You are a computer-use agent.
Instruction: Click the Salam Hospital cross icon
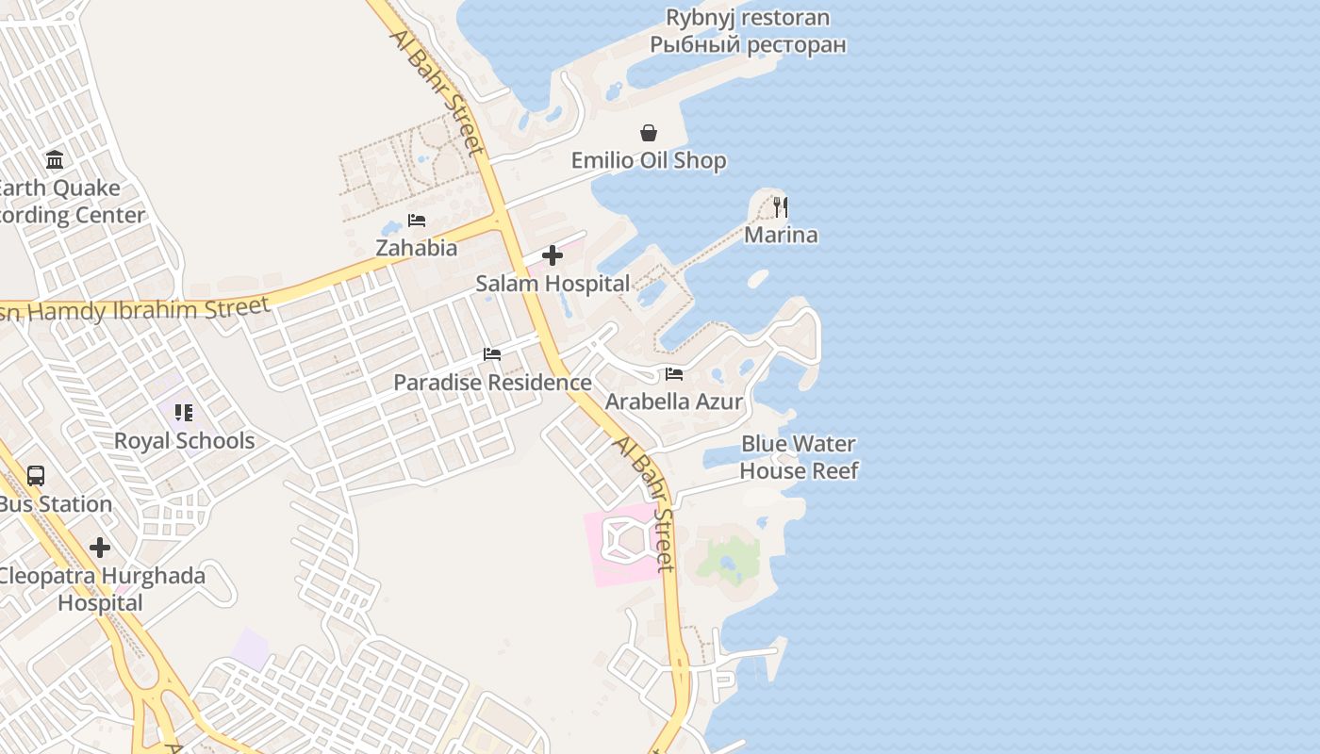coord(553,255)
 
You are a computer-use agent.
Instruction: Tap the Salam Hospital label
coord(553,284)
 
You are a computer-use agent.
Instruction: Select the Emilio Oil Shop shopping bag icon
coord(649,133)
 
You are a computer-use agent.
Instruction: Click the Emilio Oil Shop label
coord(649,160)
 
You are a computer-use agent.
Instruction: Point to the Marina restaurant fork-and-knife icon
coord(780,206)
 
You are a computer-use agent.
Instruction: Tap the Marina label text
coord(781,235)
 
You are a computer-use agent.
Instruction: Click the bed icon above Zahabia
coord(417,221)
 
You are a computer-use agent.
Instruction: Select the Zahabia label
coord(417,248)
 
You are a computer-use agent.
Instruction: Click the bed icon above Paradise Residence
coord(492,354)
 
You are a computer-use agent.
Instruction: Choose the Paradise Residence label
coord(492,383)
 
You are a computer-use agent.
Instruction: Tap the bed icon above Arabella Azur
coord(673,374)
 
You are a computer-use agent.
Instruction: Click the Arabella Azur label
coord(673,402)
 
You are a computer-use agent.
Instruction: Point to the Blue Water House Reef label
coord(799,457)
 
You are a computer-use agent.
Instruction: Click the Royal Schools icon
coord(184,413)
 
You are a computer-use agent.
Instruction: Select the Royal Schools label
coord(184,441)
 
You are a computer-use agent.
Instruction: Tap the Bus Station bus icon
coord(36,476)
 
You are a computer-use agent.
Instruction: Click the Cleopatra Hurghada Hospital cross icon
coord(100,548)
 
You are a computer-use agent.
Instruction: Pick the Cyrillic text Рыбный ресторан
coord(748,44)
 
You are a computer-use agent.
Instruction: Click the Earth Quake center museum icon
coord(55,159)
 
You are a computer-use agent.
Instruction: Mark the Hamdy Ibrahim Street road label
coord(141,309)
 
